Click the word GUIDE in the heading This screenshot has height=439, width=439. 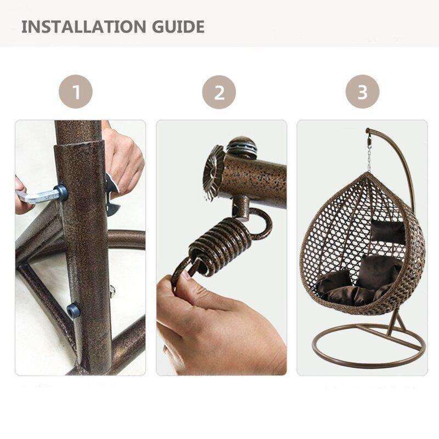178,26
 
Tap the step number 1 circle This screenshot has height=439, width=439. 76,92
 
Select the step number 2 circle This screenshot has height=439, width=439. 219,92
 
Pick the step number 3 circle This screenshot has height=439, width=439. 362,92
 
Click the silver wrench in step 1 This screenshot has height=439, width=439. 39,195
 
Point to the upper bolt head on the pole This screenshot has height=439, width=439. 61,193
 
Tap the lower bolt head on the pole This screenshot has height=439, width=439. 73,311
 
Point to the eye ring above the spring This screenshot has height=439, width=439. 259,223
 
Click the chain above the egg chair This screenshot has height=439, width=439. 369,157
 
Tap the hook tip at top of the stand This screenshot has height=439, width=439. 367,131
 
